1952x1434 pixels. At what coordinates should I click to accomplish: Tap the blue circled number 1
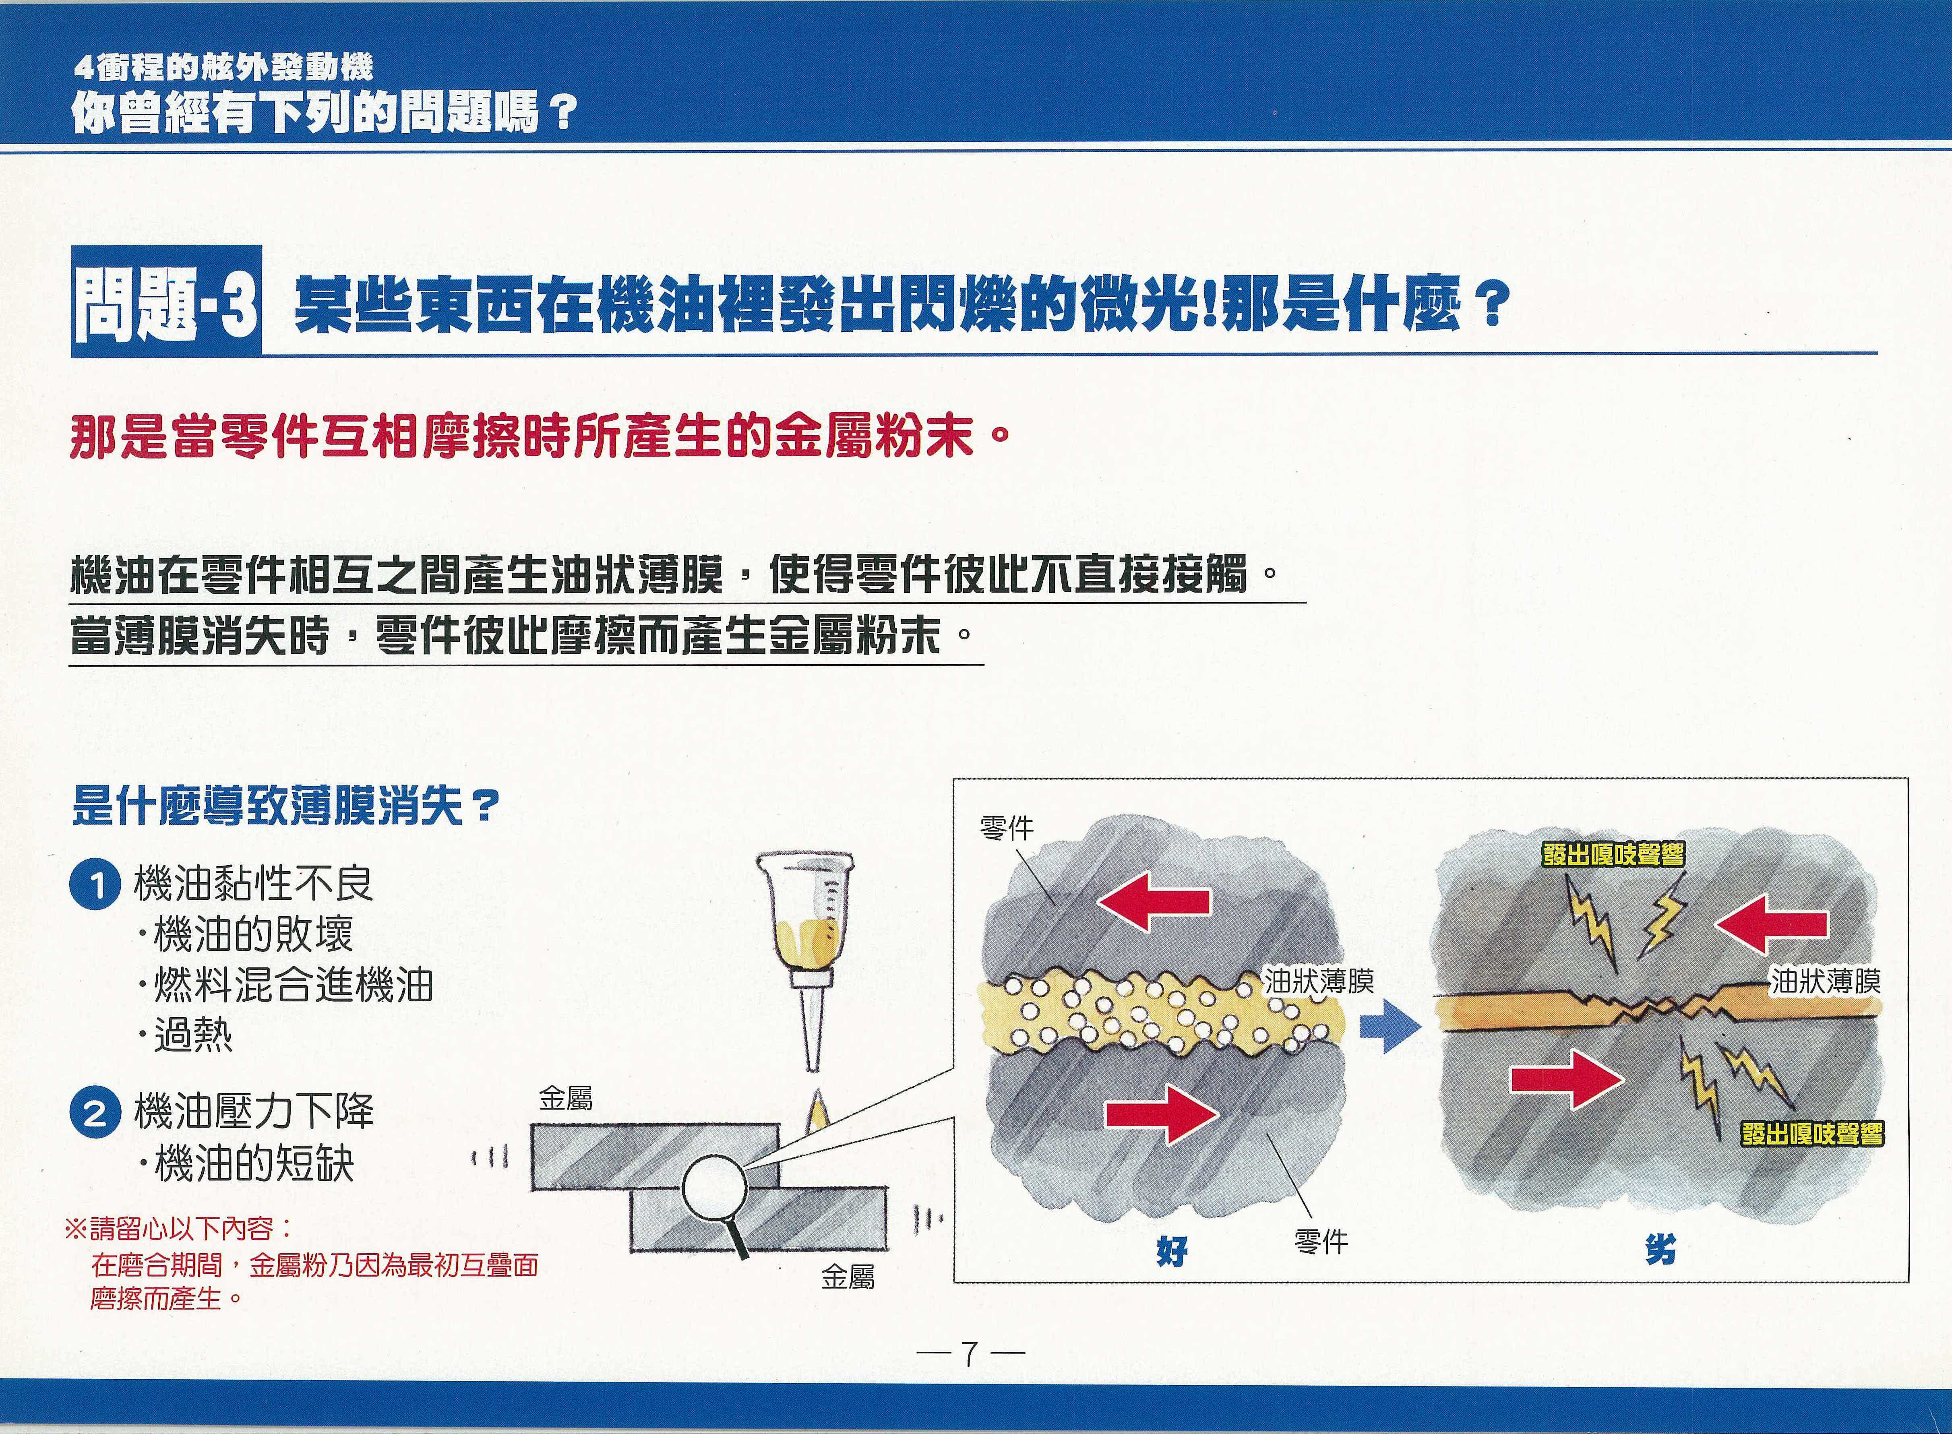coord(95,886)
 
